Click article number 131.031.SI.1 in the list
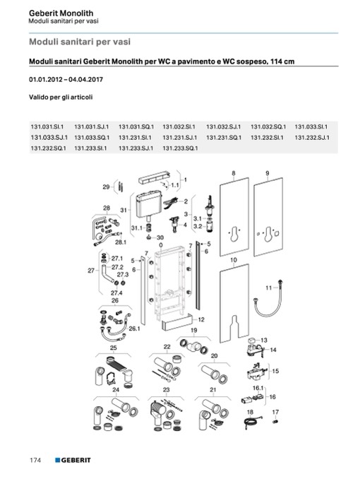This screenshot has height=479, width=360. pos(47,126)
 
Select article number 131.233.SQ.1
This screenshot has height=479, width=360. pos(180,148)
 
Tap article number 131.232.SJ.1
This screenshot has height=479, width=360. pos(312,138)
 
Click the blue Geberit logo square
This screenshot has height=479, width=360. pos(58,460)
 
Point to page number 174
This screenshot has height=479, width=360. pos(35,460)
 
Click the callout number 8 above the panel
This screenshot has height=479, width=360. pos(234,173)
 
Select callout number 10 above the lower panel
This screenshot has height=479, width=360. pos(234,260)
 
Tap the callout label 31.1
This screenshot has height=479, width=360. pos(136,228)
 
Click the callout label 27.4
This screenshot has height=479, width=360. pos(116,293)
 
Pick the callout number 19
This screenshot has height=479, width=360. pos(194,330)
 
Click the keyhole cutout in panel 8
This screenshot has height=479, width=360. pos(234,233)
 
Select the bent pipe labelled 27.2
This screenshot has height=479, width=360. pos(107,273)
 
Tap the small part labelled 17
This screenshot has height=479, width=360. pos(275,422)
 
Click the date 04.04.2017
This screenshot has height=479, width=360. pos(86,79)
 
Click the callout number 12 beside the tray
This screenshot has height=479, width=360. pos(201,319)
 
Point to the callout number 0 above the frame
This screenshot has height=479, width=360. pos(161,245)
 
